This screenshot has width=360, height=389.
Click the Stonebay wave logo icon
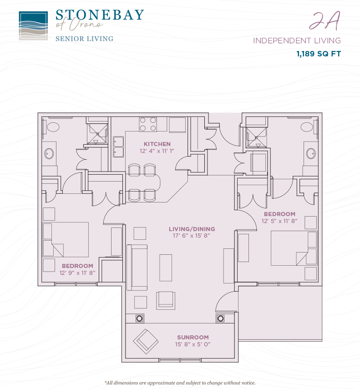point(33,26)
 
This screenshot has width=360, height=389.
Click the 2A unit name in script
point(324,21)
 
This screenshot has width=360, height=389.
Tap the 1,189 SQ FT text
point(319,54)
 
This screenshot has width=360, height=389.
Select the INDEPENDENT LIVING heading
point(297,40)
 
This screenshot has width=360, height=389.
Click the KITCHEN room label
point(157,144)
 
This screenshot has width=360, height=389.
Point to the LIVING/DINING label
point(192,229)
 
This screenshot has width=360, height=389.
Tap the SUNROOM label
point(193,338)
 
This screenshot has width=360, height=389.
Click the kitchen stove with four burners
point(148,124)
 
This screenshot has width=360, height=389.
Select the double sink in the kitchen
point(118,147)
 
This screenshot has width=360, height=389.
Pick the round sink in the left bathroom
point(49,154)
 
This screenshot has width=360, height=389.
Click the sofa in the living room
point(137,268)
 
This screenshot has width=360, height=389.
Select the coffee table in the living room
point(166,268)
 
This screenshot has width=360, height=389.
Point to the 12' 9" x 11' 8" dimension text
point(77,273)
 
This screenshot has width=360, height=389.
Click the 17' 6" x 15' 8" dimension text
point(192,236)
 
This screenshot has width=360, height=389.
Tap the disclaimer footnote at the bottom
point(180,383)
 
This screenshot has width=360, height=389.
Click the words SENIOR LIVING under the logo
point(84,39)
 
